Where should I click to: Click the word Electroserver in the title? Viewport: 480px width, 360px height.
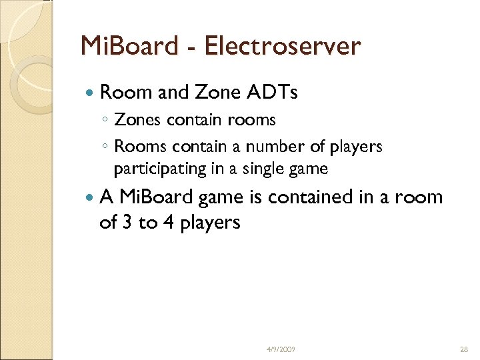pyautogui.click(x=283, y=46)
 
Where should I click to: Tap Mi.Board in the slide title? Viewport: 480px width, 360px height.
pyautogui.click(x=127, y=46)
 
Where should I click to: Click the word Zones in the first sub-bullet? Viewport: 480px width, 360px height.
pyautogui.click(x=137, y=120)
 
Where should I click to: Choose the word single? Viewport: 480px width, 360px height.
pyautogui.click(x=261, y=169)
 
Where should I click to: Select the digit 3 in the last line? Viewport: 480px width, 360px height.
pyautogui.click(x=127, y=222)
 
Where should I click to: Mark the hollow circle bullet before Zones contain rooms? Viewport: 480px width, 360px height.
pyautogui.click(x=107, y=121)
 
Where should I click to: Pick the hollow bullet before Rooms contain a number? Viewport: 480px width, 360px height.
pyautogui.click(x=107, y=147)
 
